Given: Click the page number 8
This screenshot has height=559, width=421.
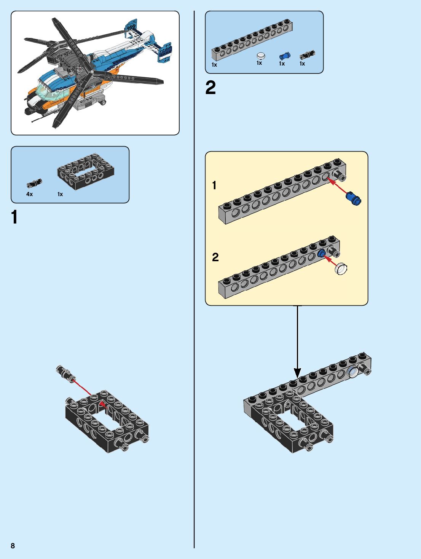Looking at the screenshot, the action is [13, 546].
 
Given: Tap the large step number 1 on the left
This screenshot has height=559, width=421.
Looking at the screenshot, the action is [14, 217].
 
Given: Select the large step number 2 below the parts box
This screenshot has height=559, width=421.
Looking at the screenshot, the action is [210, 88].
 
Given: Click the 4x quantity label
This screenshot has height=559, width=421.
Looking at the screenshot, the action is [30, 194].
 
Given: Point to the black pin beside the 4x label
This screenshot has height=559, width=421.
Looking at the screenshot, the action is [34, 183].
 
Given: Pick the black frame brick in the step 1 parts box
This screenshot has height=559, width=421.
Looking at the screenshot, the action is [86, 171].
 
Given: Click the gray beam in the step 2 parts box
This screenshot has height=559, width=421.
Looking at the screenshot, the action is [252, 40].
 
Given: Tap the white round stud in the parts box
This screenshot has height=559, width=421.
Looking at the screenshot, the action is [261, 56].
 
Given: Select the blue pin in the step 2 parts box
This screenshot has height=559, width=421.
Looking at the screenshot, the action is [285, 56].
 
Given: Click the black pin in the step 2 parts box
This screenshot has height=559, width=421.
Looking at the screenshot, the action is [307, 55].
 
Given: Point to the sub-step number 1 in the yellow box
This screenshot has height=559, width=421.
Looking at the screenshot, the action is [214, 185].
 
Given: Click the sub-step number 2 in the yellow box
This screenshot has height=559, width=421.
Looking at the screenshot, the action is [215, 257].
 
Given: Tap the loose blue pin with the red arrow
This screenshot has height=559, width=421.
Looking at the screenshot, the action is [354, 198].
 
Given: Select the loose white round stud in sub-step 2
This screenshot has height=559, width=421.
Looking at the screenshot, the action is [341, 269].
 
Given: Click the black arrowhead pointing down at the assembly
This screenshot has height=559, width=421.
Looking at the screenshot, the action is [297, 372].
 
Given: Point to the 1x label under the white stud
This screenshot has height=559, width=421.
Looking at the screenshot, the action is [259, 63].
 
